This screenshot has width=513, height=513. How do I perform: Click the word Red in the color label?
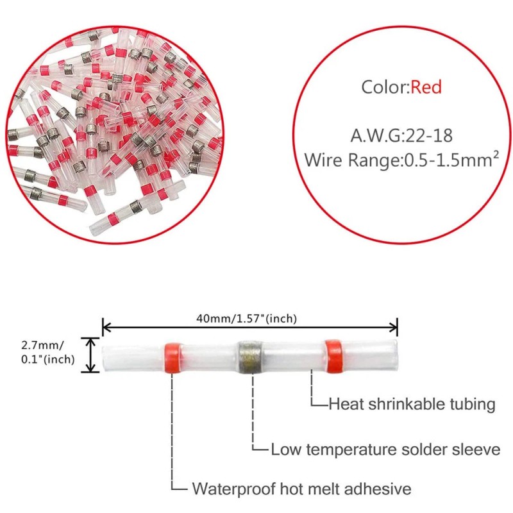(x=426, y=87)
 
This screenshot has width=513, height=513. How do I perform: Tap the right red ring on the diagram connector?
(x=333, y=355)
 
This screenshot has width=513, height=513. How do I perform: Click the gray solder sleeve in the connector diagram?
(x=251, y=355)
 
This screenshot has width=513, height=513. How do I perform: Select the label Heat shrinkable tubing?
(x=412, y=404)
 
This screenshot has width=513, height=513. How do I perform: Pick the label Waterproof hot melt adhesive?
(x=302, y=489)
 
